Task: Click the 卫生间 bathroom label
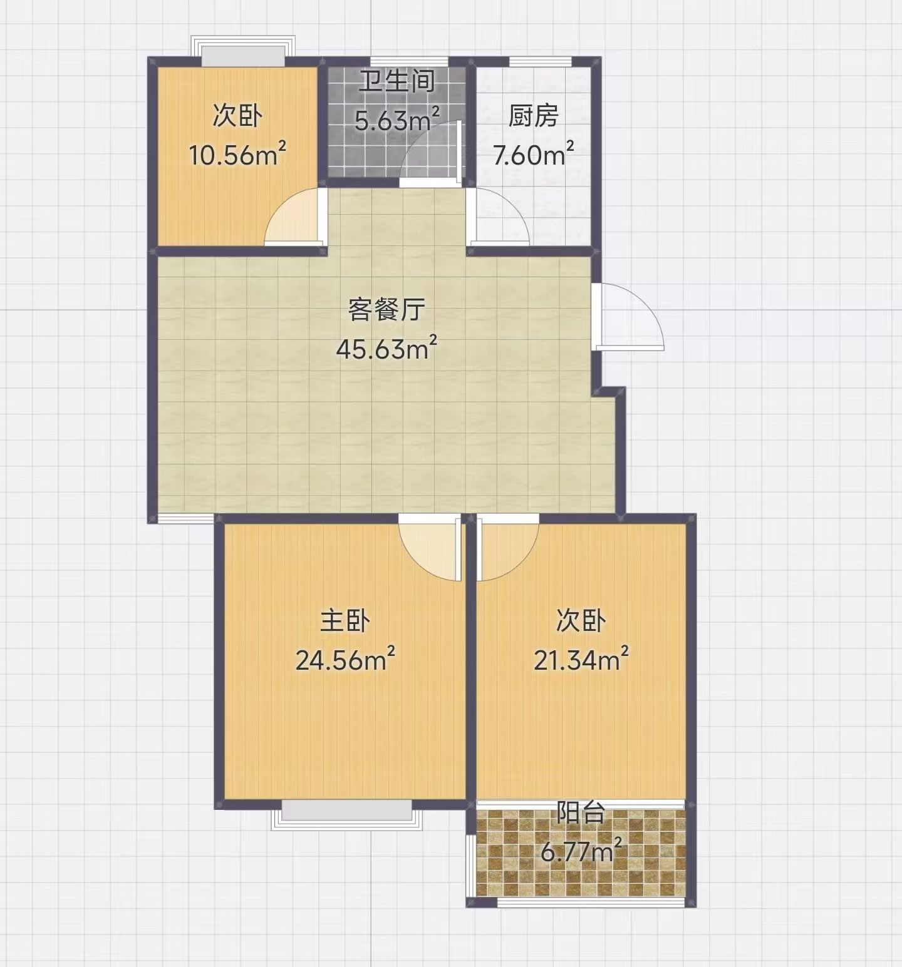[397, 82]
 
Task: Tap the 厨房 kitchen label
[533, 116]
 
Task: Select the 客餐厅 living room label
[387, 310]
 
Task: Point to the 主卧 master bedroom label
[345, 621]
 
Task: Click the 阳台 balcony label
[581, 813]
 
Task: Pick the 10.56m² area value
[238, 155]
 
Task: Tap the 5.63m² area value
[397, 118]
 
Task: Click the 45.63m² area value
[386, 349]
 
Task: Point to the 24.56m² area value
[345, 660]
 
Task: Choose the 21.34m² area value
[581, 660]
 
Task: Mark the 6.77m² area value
[581, 852]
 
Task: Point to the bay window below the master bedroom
[346, 814]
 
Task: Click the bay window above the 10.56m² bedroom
[242, 49]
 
